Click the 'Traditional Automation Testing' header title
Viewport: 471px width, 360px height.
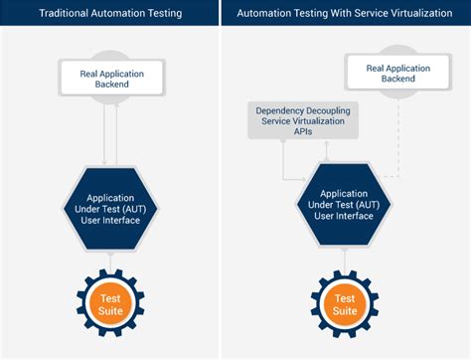click(110, 13)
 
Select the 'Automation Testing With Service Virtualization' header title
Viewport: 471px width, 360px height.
click(345, 13)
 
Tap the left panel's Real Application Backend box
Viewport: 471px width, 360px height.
click(112, 78)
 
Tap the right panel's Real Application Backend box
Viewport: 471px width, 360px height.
click(398, 73)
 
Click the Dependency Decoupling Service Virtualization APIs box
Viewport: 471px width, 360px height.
click(303, 120)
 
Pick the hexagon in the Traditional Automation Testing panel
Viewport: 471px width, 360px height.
click(110, 209)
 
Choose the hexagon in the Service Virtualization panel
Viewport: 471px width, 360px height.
click(344, 204)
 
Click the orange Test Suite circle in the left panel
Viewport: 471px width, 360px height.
click(110, 304)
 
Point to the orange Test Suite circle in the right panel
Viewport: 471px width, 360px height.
click(345, 304)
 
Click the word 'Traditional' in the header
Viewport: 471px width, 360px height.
click(64, 13)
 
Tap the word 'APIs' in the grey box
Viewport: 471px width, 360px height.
click(303, 131)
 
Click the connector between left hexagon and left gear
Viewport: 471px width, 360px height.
click(110, 261)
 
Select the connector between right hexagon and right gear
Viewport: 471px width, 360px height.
click(345, 260)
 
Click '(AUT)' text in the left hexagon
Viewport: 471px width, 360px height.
click(134, 209)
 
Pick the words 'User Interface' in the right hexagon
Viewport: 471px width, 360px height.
click(344, 216)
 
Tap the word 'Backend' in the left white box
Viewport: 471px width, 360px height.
click(112, 85)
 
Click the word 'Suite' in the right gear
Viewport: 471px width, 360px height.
click(345, 311)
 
